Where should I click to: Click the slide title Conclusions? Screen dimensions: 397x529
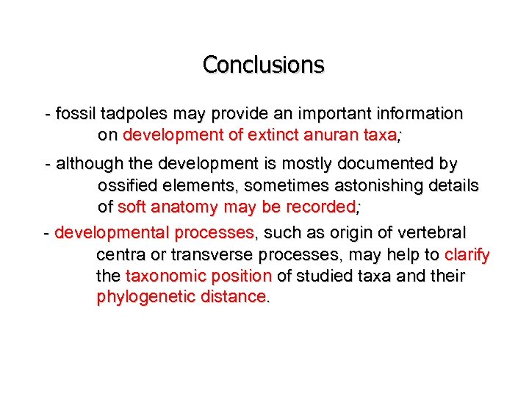coord(263,65)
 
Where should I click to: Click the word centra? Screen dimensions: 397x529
coord(120,255)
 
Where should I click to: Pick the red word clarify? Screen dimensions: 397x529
coord(467,255)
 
